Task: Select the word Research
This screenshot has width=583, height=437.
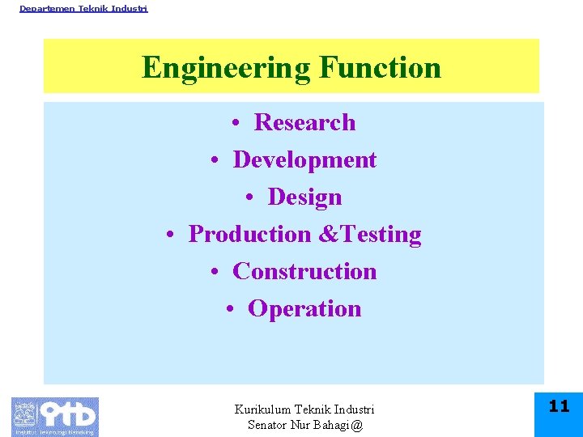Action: pos(304,122)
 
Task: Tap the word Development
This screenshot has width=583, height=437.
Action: pos(304,159)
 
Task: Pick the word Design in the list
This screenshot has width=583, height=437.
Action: pos(304,197)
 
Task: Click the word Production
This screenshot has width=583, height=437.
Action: pos(249,234)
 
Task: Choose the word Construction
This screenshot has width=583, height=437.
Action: pos(304,271)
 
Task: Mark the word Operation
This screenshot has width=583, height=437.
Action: pos(304,308)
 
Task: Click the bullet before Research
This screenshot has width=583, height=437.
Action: pos(234,124)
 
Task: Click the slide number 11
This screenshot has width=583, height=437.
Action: pos(559,406)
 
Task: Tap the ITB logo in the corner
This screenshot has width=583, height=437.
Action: pos(55,416)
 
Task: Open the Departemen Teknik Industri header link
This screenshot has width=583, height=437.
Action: pos(83,8)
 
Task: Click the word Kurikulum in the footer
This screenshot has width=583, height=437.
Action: pos(262,410)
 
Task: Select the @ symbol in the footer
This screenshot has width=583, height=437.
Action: pos(357,425)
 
